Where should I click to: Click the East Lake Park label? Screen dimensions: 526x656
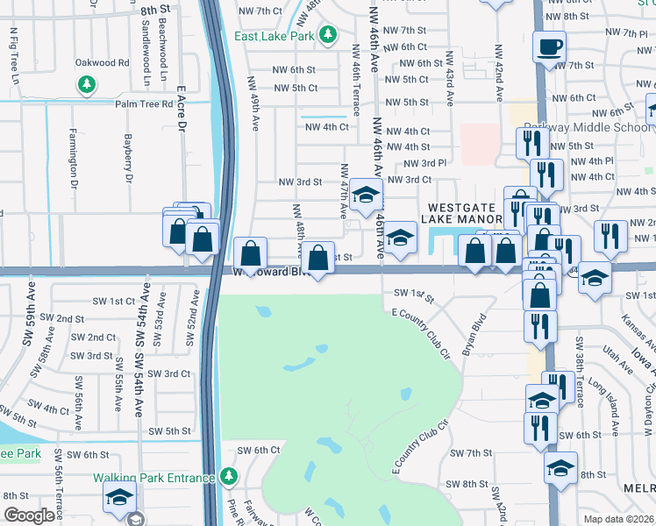[275, 36]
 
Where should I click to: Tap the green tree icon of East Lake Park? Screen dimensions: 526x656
[327, 35]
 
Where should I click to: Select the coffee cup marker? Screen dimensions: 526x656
[549, 46]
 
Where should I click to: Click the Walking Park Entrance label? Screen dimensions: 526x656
[154, 478]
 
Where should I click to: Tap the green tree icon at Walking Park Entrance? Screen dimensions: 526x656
[229, 476]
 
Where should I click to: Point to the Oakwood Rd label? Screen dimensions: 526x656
[102, 63]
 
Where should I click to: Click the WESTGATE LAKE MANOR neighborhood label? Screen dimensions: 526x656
[463, 216]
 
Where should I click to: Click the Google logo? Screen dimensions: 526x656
[29, 515]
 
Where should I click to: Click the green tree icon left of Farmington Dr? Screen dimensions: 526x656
[86, 84]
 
